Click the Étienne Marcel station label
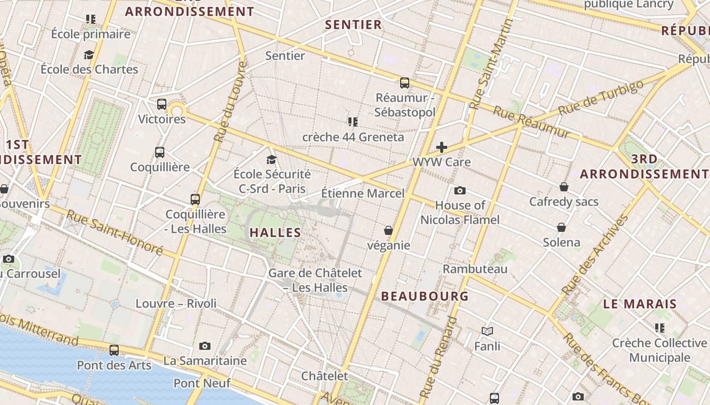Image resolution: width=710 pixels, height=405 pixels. click(x=363, y=193)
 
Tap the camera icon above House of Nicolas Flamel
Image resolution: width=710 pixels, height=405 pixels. click(x=460, y=190)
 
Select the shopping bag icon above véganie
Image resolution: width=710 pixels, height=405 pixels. click(x=388, y=230)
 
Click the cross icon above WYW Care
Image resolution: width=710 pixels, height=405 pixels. click(x=442, y=147)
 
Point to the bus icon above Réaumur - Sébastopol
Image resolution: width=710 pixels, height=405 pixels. click(x=404, y=83)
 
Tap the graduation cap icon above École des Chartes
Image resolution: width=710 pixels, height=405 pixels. click(x=89, y=55)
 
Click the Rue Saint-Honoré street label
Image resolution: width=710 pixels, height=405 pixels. click(x=114, y=232)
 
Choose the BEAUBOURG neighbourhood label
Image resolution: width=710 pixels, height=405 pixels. click(x=424, y=296)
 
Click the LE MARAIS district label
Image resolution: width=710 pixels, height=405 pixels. click(x=640, y=304)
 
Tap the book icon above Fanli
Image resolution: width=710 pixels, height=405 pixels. click(x=487, y=331)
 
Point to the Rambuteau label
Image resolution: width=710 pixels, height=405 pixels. click(x=475, y=269)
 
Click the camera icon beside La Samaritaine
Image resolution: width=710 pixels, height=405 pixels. click(x=205, y=346)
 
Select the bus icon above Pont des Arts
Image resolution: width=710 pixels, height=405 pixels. click(x=114, y=350)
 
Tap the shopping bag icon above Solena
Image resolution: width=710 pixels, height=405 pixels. click(x=561, y=227)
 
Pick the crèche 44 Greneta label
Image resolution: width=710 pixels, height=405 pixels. click(x=353, y=137)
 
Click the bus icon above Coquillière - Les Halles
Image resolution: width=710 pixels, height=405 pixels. click(x=195, y=199)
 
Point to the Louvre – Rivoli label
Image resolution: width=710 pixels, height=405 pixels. click(x=176, y=304)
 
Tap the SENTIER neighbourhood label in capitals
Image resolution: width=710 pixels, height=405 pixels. click(x=353, y=24)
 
